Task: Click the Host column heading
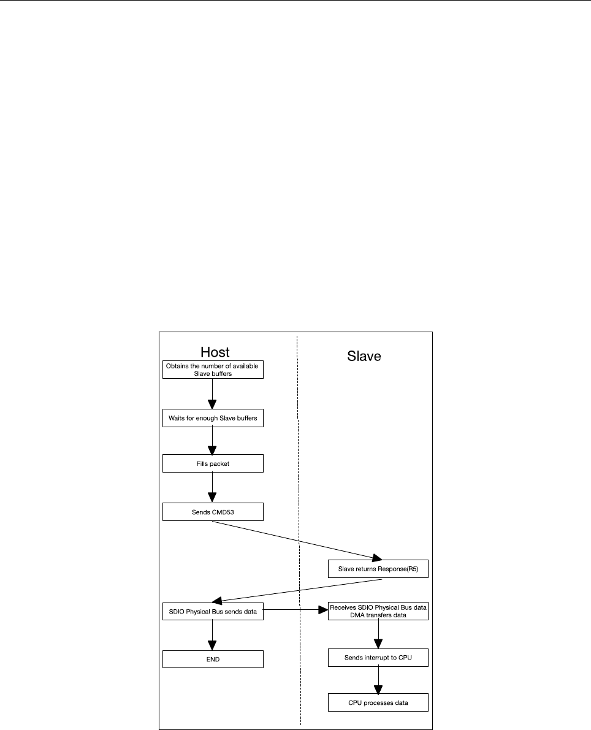point(215,352)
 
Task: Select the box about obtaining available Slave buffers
point(213,370)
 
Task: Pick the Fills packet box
point(213,463)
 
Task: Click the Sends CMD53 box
point(213,511)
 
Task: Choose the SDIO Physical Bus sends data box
point(213,612)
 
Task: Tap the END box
point(213,659)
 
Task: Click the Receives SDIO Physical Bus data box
point(377,612)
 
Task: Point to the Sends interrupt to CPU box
point(377,659)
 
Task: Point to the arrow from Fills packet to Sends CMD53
point(212,488)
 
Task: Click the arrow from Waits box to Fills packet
point(212,441)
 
